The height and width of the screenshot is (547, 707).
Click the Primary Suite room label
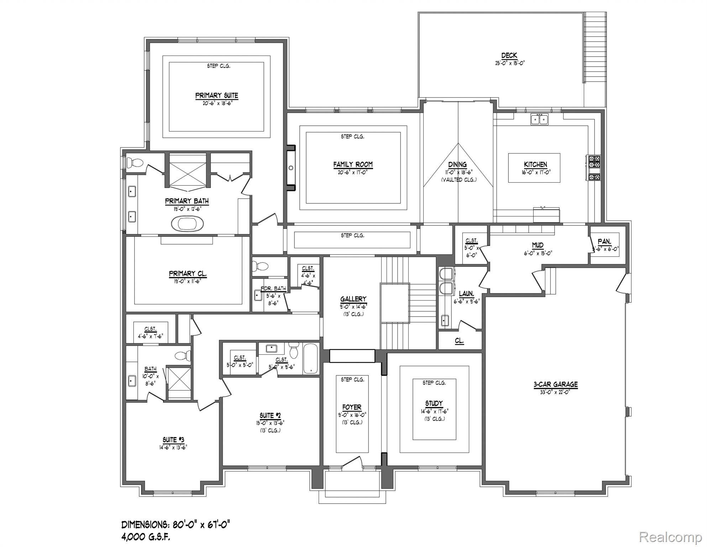coord(216,95)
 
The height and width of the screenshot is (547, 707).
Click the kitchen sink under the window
coord(539,119)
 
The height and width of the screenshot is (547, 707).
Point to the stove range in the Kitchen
coord(593,168)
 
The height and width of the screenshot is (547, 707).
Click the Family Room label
coord(353,165)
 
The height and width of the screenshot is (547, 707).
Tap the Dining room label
coord(457,165)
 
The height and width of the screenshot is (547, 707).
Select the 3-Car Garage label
coord(555,384)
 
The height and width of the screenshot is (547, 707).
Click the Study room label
coord(434,403)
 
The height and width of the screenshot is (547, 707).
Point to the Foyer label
coord(352,407)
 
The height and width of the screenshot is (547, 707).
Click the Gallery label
coord(353,299)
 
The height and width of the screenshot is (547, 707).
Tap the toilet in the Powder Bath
coord(260,266)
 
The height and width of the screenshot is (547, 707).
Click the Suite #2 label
coord(270,415)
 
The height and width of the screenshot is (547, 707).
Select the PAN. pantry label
coord(604,242)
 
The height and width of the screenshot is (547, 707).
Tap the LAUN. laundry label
coord(466,294)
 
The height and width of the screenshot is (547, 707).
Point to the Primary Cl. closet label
coord(188,273)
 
